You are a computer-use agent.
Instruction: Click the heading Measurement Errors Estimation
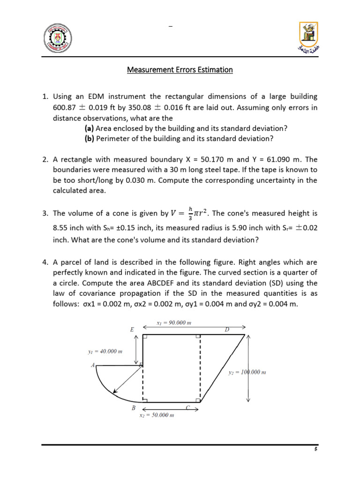pos(180,70)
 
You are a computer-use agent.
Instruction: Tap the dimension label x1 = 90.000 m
pos(173,323)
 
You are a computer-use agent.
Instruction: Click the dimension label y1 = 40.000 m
pos(105,351)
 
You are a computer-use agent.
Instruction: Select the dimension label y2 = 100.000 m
pos(247,372)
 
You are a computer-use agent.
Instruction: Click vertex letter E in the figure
pos(132,330)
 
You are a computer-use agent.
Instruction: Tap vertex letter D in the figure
pos(227,330)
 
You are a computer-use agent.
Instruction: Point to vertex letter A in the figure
pos(93,365)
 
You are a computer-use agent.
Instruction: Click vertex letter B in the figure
pos(134,408)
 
